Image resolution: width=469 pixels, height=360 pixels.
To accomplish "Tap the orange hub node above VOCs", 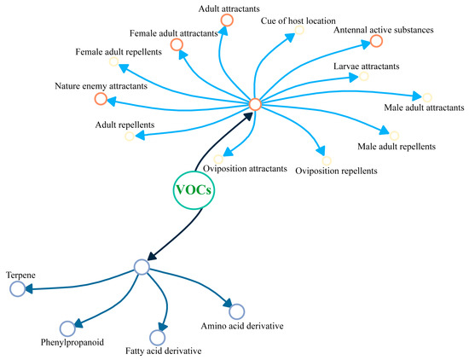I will click(254, 104).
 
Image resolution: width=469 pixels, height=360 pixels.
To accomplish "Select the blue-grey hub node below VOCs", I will click(142, 267).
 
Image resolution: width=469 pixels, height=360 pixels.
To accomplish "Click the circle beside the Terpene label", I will click(17, 290).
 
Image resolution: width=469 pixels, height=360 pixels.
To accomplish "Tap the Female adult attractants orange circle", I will click(176, 44).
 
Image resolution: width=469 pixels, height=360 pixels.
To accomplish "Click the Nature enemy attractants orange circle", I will click(101, 99).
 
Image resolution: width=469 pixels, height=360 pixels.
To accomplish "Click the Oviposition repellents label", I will click(336, 171).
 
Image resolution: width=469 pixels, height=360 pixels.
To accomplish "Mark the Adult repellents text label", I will click(125, 125).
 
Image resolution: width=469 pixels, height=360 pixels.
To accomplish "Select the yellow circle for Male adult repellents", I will click(394, 133).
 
